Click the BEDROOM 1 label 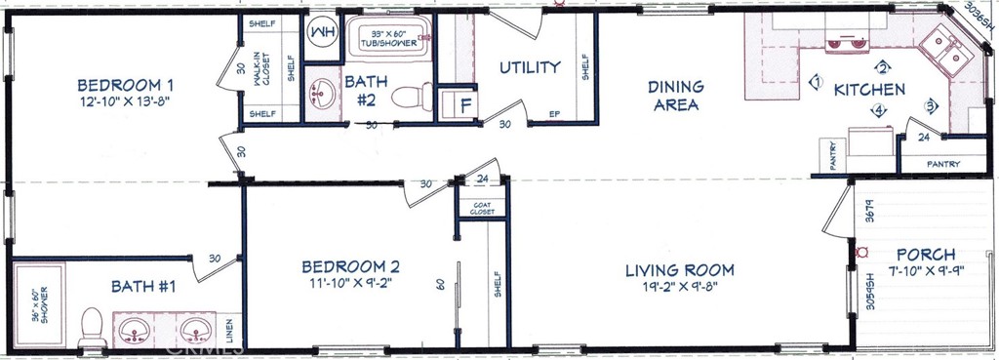point(131,84)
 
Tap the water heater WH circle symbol point(321,32)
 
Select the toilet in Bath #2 point(414,98)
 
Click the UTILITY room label point(530,67)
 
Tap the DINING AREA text point(675,96)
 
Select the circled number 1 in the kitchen point(816,83)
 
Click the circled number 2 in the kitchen point(883,67)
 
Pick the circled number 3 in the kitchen point(932,105)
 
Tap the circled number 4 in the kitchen point(878,110)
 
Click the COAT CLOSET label point(482,207)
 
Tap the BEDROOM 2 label point(350,267)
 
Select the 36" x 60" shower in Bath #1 point(39,304)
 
